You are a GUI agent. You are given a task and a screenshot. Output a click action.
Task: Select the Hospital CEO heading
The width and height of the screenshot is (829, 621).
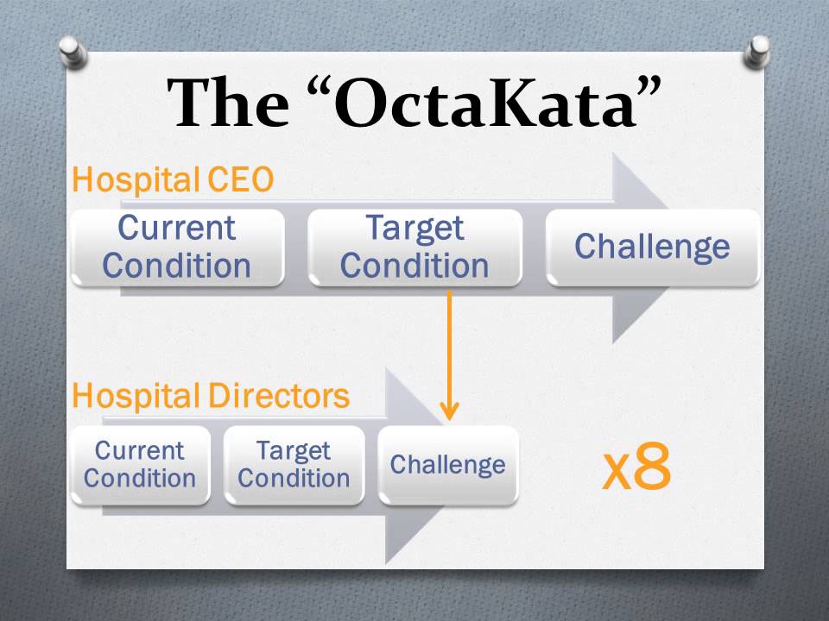[173, 180]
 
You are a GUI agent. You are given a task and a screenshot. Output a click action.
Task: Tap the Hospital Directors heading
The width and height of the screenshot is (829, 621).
[211, 396]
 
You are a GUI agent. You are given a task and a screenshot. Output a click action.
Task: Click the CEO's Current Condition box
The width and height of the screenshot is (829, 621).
[177, 247]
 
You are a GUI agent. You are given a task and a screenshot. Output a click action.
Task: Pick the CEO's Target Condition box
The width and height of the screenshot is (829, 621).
[414, 247]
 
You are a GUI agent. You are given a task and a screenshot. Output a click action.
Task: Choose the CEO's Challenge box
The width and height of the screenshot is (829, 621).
[652, 247]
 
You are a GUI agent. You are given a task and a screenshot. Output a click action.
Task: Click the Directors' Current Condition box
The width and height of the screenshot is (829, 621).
[140, 465]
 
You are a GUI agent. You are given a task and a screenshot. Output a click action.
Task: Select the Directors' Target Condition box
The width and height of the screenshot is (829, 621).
[294, 465]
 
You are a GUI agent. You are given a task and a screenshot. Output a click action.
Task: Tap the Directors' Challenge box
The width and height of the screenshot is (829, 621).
[447, 465]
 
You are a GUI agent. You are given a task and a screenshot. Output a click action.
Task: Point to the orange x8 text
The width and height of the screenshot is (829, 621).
[636, 468]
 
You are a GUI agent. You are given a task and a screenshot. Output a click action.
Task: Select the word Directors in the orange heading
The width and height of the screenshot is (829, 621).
[279, 396]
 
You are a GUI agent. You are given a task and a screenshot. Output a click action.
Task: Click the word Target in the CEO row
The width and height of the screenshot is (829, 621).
[414, 229]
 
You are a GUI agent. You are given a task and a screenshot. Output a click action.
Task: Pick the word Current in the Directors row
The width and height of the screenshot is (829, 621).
[140, 451]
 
